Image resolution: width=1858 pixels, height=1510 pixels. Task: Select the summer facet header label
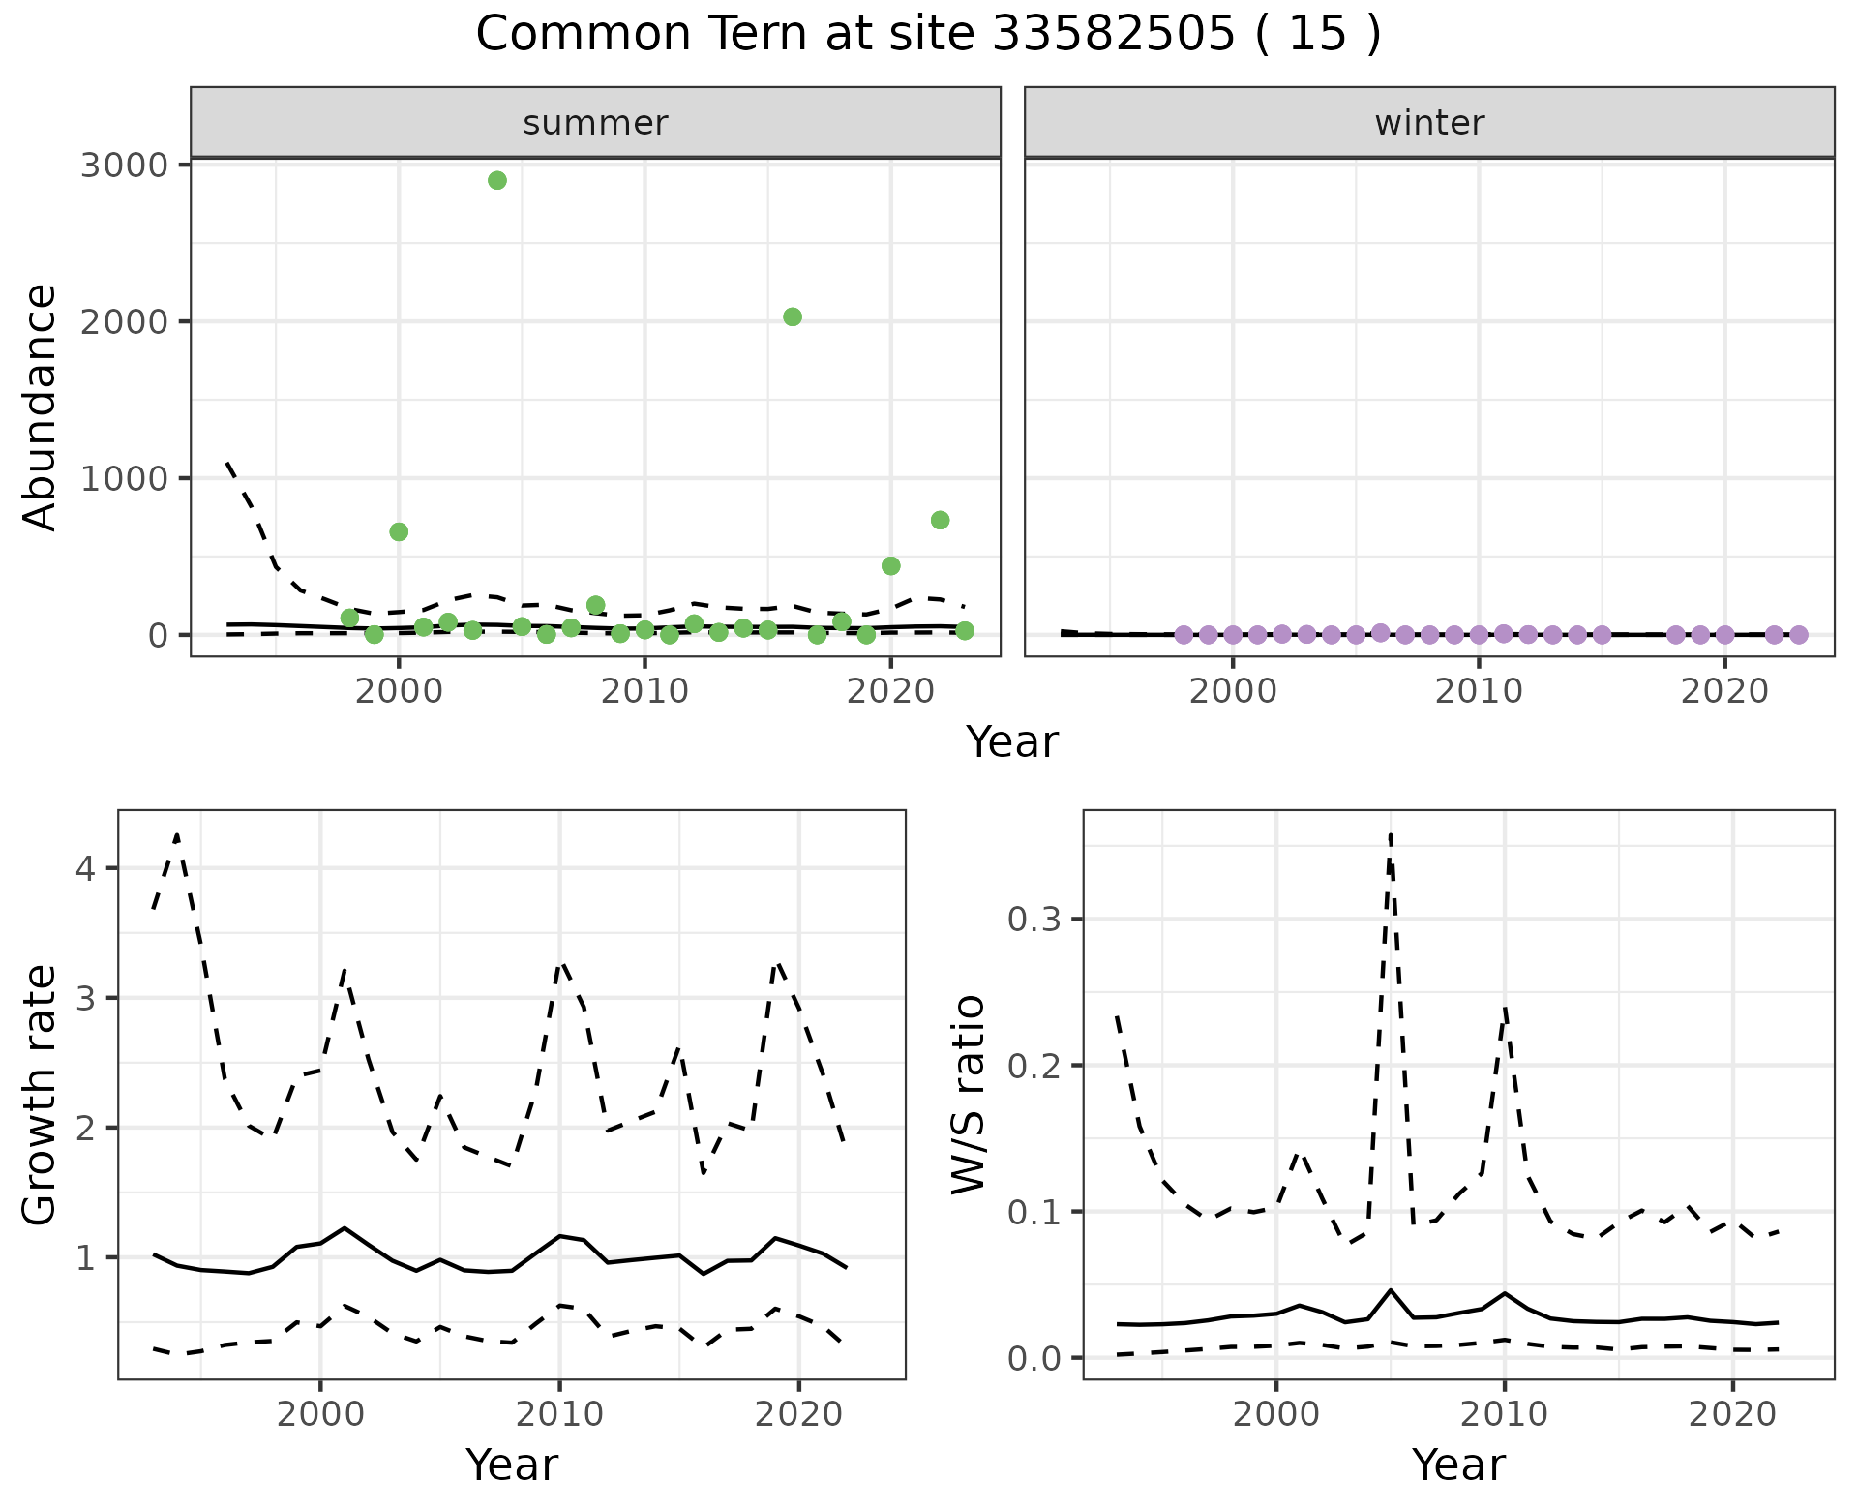(595, 123)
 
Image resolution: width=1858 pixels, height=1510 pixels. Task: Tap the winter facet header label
(1429, 123)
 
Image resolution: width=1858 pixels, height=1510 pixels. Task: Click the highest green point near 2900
(497, 180)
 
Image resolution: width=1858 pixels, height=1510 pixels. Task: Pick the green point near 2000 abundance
(793, 317)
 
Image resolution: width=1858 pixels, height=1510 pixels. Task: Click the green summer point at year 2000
(399, 531)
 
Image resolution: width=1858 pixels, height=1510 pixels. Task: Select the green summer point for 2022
(940, 520)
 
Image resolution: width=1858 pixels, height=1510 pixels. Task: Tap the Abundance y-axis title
(41, 408)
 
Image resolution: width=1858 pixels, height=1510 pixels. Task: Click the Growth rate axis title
(41, 1096)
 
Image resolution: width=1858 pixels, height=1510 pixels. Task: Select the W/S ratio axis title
(969, 1095)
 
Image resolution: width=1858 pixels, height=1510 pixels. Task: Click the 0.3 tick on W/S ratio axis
(1034, 919)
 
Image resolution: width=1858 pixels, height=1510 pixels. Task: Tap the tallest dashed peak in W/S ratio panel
(1390, 834)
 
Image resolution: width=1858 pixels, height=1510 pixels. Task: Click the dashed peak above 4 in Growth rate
(177, 834)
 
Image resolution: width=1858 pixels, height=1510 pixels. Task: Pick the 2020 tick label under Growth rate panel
(798, 1414)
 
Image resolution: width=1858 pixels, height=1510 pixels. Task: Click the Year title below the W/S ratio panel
(1458, 1465)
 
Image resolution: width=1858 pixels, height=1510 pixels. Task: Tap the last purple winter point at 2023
(1798, 635)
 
